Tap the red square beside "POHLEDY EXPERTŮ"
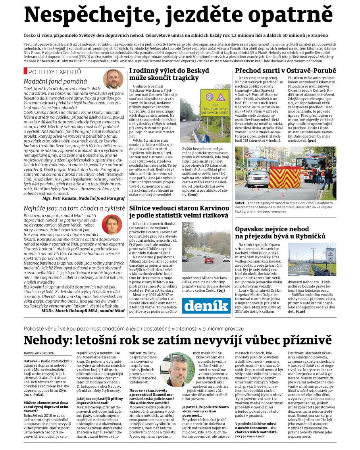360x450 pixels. pyautogui.click(x=25, y=71)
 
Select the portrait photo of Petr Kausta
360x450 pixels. pyautogui.click(x=113, y=79)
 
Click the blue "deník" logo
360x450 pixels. pyautogui.click(x=206, y=306)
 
